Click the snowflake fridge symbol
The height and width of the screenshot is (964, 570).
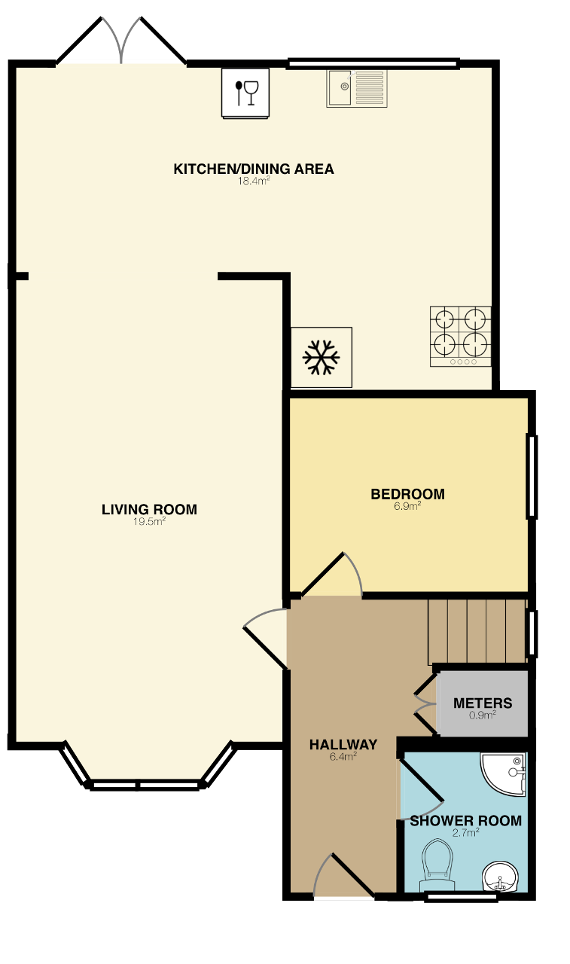[x=322, y=357]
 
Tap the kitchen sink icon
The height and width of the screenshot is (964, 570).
[x=357, y=88]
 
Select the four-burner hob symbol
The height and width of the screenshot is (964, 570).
[x=460, y=336]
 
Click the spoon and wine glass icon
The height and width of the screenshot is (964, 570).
[x=245, y=93]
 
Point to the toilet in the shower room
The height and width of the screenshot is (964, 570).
[x=437, y=866]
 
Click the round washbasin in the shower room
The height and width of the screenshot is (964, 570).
[x=500, y=877]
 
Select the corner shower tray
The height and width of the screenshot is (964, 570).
[x=503, y=775]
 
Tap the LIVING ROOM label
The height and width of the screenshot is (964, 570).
[x=149, y=510]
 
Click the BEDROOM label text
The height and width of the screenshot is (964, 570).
[x=408, y=494]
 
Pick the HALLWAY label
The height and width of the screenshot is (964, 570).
[x=343, y=745]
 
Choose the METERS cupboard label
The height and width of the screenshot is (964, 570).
[x=483, y=703]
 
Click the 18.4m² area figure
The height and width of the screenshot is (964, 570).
[x=254, y=181]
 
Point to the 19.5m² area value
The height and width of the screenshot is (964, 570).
[x=149, y=522]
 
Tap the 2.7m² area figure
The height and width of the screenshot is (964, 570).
[x=466, y=833]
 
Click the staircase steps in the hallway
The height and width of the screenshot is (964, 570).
[x=477, y=632]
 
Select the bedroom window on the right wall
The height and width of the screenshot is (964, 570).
[x=532, y=477]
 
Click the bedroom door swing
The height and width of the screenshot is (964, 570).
[x=331, y=575]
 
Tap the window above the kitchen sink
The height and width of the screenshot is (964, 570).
[x=373, y=64]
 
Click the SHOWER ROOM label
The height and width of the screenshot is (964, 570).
[x=466, y=821]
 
